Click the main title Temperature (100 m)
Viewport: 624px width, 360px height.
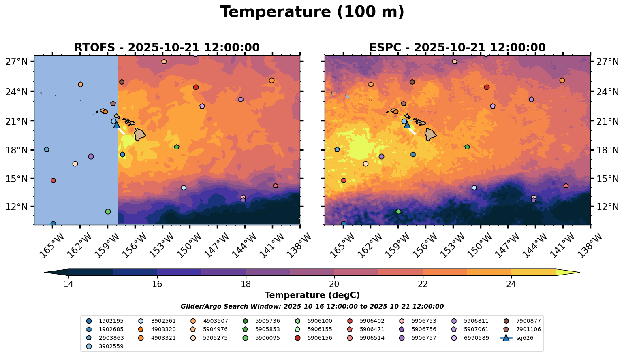tap(312, 12)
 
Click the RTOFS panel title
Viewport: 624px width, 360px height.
tap(167, 48)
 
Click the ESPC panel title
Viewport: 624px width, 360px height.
tap(457, 48)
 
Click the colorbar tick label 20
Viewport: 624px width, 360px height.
tap(334, 284)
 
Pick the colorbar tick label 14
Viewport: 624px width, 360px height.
tap(68, 284)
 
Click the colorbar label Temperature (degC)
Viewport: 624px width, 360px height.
tap(312, 295)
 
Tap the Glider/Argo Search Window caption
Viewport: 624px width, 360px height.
tap(312, 307)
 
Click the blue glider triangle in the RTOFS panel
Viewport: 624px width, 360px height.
tap(117, 125)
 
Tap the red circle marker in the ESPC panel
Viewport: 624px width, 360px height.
tap(487, 87)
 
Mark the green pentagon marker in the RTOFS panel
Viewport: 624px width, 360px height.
tap(176, 147)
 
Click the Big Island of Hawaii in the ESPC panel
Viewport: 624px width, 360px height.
tap(430, 134)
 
